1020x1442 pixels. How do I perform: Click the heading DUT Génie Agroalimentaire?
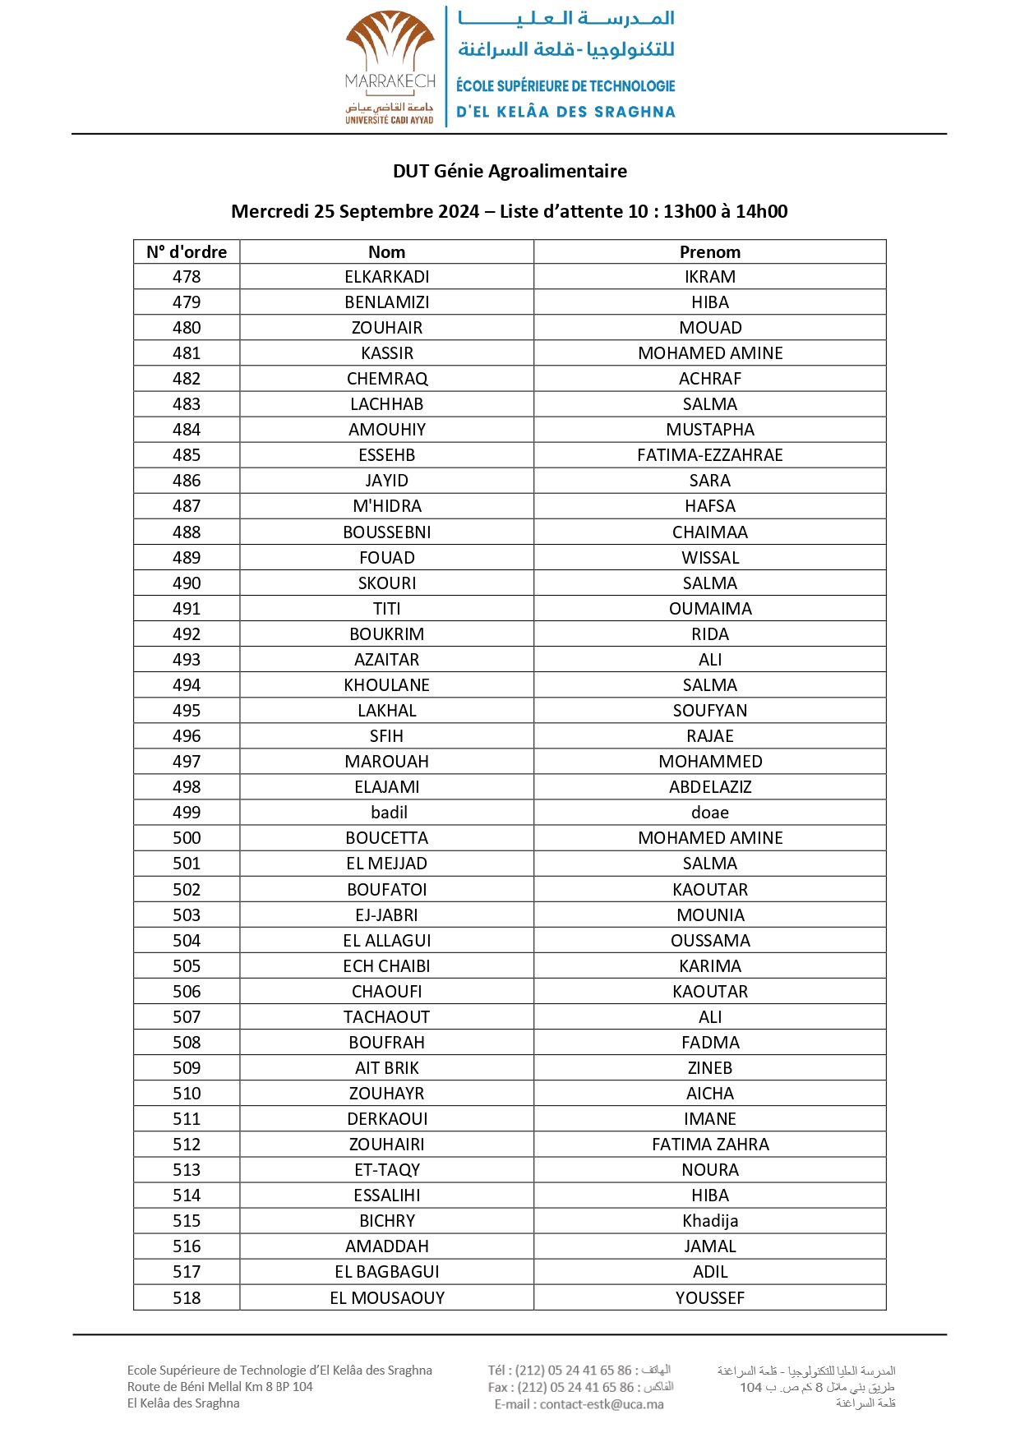point(510,171)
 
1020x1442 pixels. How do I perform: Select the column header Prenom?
point(709,252)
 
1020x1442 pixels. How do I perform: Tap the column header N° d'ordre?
point(187,252)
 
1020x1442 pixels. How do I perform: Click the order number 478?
point(187,277)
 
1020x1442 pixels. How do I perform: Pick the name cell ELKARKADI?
point(386,277)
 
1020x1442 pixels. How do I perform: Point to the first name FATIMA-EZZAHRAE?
point(709,455)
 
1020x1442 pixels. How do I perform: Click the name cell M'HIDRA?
point(386,506)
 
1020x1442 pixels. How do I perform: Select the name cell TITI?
point(386,609)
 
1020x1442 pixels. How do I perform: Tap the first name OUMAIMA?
point(709,609)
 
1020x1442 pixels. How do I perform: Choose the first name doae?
point(709,813)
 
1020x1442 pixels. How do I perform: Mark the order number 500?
point(187,838)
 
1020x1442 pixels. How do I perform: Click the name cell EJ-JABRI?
point(386,915)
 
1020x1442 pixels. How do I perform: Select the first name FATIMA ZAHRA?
point(709,1145)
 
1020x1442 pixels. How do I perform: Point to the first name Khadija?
point(709,1221)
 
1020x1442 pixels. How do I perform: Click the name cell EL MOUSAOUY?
point(386,1298)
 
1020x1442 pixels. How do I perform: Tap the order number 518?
point(187,1298)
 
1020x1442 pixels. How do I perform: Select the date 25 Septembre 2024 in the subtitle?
point(396,212)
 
